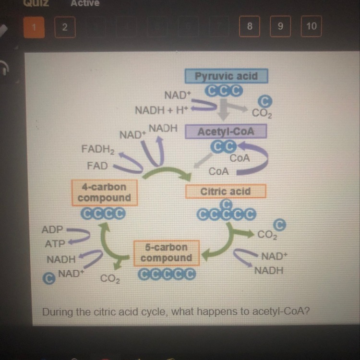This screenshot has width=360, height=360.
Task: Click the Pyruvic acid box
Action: [226, 76]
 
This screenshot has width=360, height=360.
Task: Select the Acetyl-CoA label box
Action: [226, 131]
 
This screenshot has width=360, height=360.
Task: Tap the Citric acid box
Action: [225, 191]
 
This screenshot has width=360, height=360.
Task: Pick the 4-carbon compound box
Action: [104, 192]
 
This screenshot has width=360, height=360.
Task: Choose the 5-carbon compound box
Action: [166, 252]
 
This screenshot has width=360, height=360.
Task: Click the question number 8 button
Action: [250, 26]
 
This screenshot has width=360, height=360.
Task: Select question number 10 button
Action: [311, 26]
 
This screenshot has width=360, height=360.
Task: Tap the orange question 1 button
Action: [34, 27]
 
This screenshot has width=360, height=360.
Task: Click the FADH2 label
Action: [98, 150]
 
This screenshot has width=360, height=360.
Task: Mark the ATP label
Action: [55, 244]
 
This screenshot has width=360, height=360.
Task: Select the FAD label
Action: [97, 166]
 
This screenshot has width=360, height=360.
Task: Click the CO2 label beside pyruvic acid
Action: [262, 114]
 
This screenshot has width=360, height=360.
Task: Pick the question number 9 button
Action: [280, 26]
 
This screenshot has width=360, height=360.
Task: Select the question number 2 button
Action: [65, 27]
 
